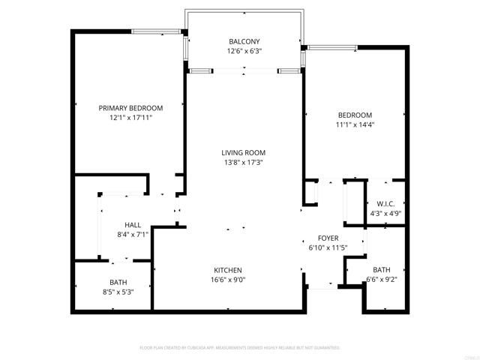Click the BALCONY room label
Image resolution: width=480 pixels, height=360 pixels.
coord(244,41)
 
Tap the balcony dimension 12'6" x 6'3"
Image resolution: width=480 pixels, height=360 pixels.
coord(244,52)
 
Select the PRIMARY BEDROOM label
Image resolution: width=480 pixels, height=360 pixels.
coord(130,108)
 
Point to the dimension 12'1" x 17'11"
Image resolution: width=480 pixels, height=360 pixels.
coord(130,118)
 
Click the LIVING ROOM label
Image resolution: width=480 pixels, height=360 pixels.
coord(244,152)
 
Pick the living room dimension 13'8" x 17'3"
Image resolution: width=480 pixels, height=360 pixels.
coord(244,162)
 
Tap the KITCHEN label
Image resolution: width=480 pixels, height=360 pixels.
coord(226,270)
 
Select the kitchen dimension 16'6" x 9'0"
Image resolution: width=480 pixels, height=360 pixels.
coord(226,280)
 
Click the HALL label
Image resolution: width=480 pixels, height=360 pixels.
coord(133,224)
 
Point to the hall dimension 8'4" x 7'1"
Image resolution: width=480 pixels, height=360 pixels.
coord(133,234)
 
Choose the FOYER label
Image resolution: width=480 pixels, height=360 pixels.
coord(328,237)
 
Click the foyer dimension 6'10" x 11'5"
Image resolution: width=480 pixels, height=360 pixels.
coord(328,247)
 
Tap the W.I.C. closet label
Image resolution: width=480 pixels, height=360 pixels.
coord(385,203)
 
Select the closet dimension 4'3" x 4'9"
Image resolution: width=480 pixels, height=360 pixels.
coord(385,213)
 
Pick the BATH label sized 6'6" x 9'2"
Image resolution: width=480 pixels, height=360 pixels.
coord(382,270)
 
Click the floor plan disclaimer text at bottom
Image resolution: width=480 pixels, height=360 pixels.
coord(240,347)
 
